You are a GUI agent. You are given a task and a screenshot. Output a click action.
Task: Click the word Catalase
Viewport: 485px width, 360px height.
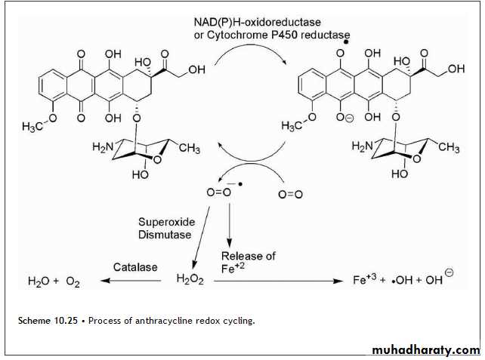135,266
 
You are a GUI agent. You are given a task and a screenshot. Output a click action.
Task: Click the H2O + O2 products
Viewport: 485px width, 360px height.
52,282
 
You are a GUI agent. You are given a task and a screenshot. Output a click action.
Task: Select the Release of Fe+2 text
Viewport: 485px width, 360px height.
249,260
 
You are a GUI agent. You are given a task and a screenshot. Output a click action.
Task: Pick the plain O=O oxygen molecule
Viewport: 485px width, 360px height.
291,195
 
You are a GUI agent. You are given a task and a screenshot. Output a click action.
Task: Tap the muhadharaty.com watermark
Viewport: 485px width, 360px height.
426,350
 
